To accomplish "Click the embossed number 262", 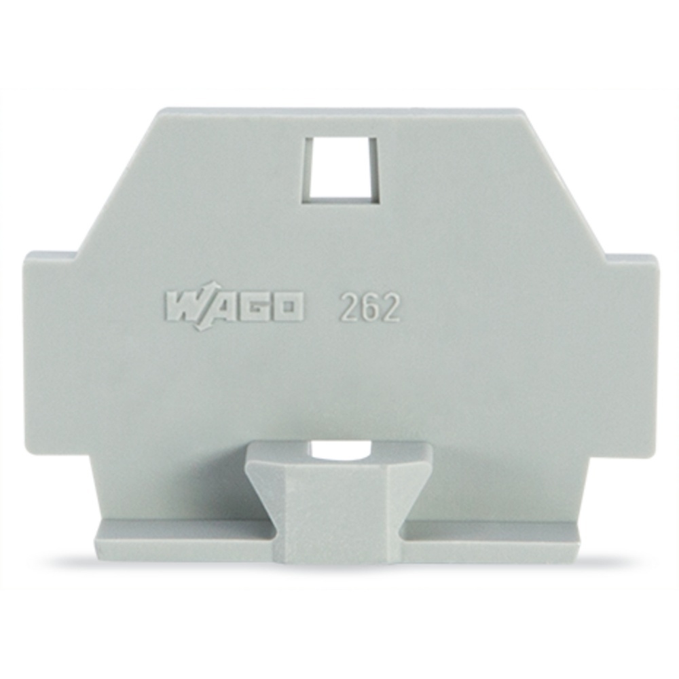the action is [371, 307].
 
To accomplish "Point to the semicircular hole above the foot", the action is [340, 452].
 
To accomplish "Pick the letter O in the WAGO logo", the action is [284, 308].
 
